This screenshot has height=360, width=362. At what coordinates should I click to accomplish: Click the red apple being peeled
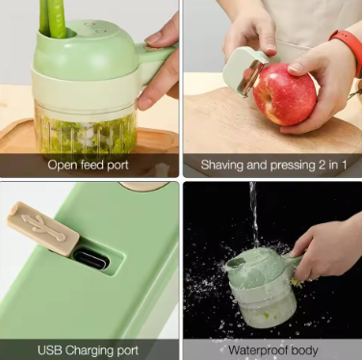coord(284,94)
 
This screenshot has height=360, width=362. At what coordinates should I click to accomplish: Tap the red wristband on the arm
coord(349,47)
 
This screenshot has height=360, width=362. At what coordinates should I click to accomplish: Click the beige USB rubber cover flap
coord(42,229)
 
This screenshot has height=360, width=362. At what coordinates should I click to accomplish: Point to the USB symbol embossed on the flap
coord(43,227)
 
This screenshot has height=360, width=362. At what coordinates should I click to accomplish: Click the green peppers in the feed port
coord(53,18)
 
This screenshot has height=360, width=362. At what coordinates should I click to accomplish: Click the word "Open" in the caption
coord(63,165)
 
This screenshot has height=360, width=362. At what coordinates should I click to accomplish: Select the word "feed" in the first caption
coord(92,165)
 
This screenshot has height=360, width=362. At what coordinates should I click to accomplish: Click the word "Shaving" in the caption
coord(222,165)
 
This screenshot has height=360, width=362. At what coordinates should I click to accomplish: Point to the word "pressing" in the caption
coord(293,166)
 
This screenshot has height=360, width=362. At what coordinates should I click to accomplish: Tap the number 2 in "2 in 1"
coord(322,165)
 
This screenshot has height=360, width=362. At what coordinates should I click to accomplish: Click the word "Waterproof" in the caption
coord(258,350)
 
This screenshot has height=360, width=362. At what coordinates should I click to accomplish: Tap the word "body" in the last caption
coord(303,350)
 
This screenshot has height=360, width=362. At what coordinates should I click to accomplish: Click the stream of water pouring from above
coord(254,215)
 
